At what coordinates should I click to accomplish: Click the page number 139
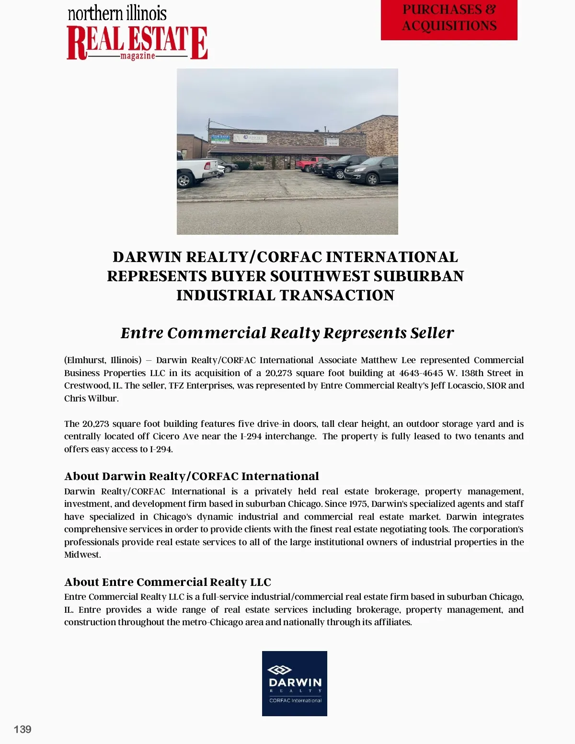click(23, 729)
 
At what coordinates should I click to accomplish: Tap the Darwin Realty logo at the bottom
click(294, 683)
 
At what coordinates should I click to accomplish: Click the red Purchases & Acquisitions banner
click(449, 19)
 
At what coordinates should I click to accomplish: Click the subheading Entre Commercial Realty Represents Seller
click(287, 333)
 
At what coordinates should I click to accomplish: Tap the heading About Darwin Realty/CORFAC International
click(192, 476)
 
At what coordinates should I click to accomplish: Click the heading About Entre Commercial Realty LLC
click(168, 582)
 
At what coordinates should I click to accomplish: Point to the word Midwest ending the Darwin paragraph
click(82, 555)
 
